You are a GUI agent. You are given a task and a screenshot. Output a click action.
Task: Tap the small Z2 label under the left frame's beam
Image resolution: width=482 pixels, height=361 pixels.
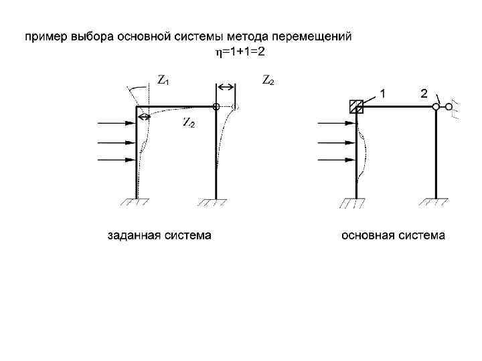coord(189,124)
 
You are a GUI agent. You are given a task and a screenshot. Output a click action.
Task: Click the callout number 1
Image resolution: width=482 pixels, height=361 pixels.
coord(384,94)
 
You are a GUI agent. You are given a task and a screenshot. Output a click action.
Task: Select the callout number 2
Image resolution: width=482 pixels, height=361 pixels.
coord(424,94)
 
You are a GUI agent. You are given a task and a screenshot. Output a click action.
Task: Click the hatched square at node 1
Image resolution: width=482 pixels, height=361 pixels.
coord(356,106)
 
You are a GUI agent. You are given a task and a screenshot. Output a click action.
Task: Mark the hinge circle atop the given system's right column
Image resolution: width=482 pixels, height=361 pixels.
coord(216,106)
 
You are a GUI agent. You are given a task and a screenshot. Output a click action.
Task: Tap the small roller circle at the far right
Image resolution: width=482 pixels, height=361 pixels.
coord(450,106)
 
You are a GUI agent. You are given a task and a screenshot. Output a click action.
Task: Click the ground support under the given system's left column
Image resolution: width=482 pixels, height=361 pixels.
coord(137,203)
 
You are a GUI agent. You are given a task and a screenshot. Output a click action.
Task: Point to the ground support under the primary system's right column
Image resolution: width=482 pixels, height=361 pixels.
coord(436,203)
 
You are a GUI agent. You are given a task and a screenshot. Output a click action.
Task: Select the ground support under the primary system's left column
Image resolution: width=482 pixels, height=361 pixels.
coord(356,203)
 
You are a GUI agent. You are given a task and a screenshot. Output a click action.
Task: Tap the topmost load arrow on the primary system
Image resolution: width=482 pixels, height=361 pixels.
coord(335,124)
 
